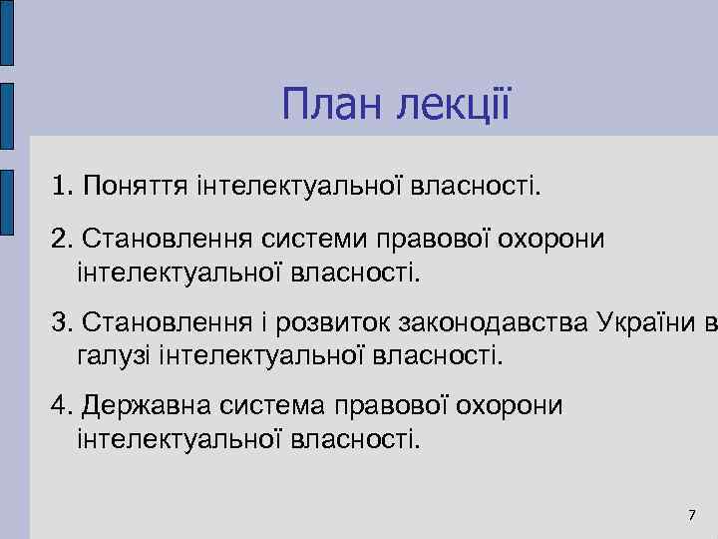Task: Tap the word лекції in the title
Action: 455,104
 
